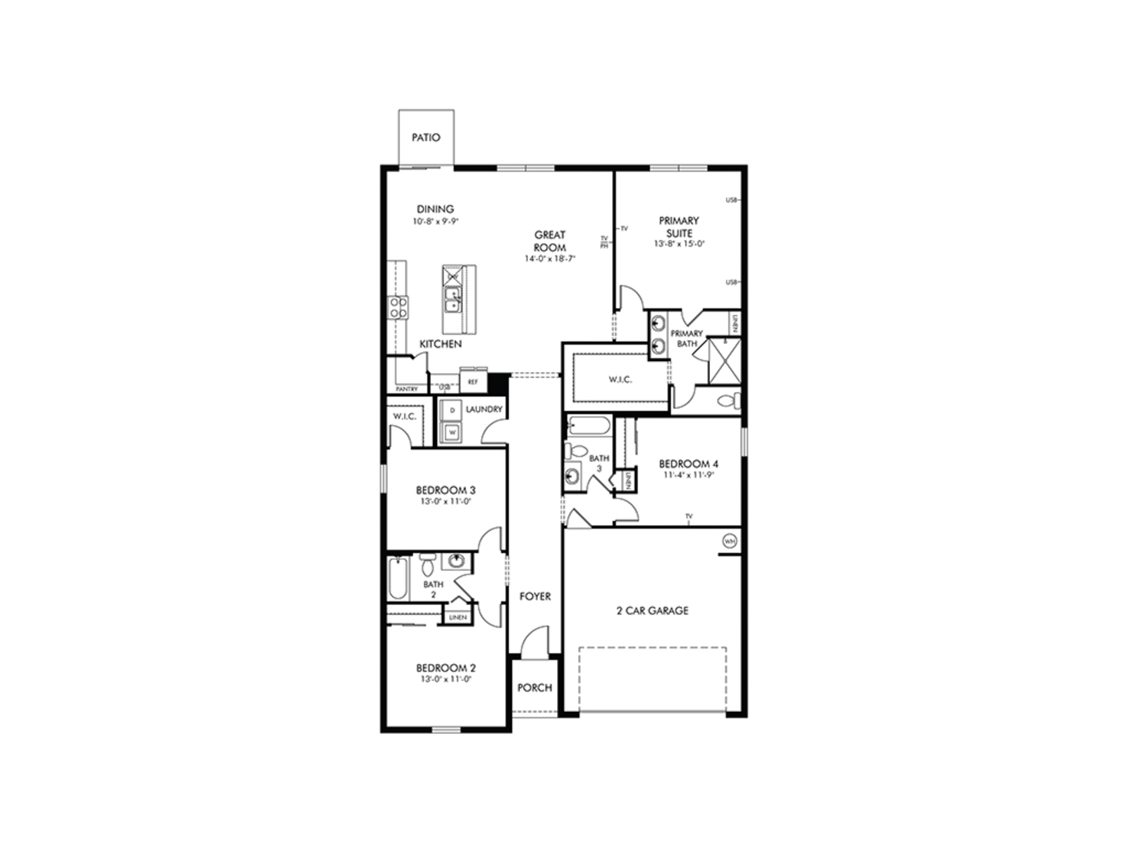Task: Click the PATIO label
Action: (426, 137)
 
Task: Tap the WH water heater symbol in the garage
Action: (729, 541)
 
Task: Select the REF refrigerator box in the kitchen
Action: (473, 382)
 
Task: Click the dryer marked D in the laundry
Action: (452, 410)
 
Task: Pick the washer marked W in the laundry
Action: (452, 431)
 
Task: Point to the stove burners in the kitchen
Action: (398, 307)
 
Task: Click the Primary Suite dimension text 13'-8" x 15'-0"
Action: (679, 244)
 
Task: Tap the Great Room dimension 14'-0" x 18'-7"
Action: (550, 259)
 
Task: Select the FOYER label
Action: (535, 596)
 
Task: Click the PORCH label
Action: (534, 687)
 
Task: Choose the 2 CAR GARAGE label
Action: (652, 611)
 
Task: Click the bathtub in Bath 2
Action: (396, 578)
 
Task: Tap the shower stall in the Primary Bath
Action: (724, 361)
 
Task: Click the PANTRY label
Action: (407, 389)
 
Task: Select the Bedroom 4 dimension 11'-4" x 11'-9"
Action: (688, 475)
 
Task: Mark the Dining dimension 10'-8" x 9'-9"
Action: (436, 221)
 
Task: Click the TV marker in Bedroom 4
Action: (689, 517)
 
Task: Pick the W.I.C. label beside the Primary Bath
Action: (620, 379)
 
